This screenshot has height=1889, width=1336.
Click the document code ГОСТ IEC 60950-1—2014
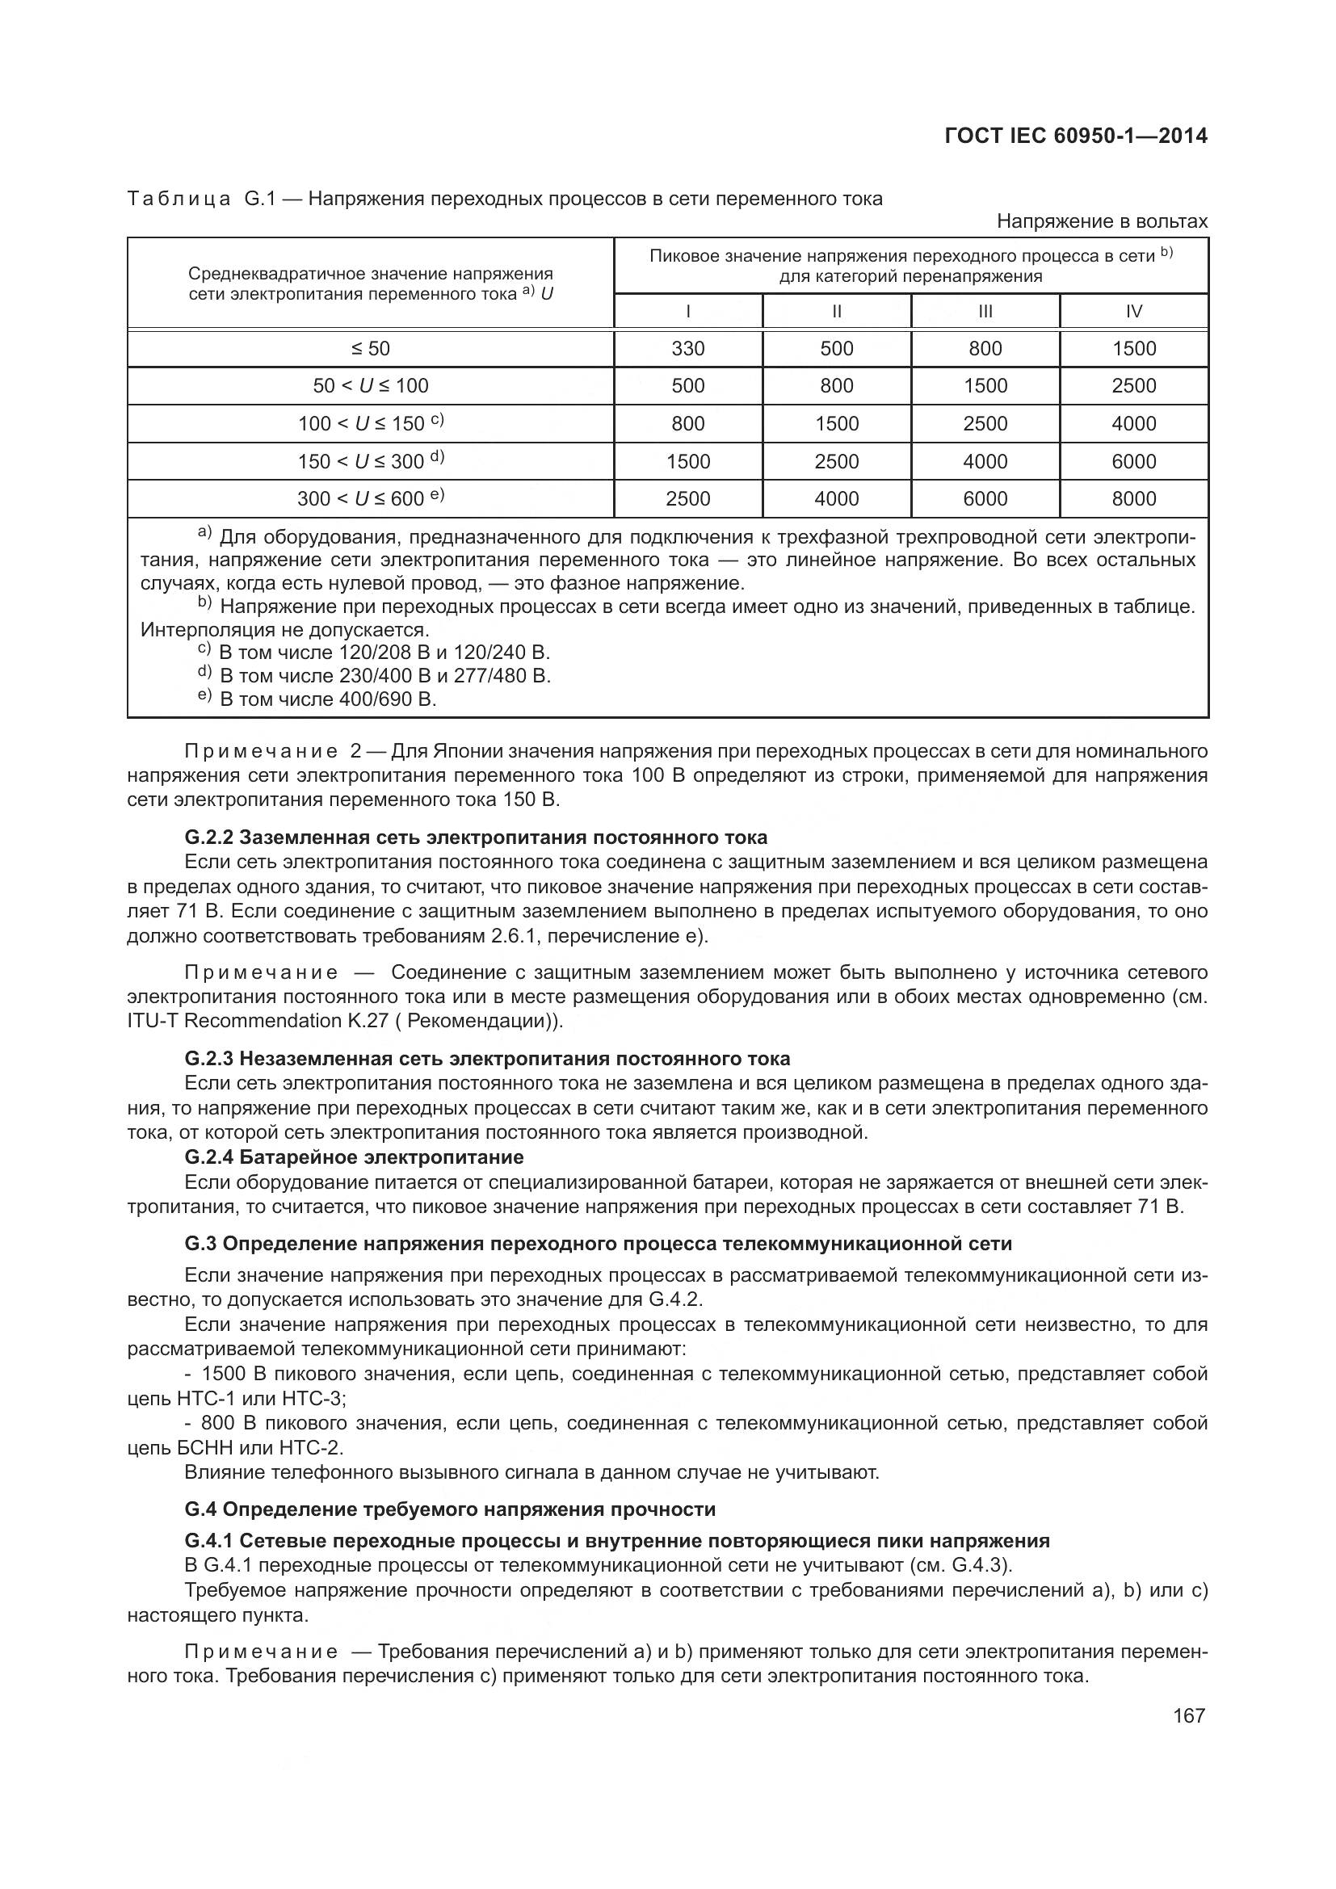click(x=1076, y=136)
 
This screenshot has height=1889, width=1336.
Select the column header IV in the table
click(x=1133, y=311)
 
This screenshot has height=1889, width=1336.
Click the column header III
click(x=985, y=311)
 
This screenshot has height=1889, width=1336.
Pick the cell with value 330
click(x=687, y=349)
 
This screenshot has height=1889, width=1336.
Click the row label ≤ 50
click(x=370, y=349)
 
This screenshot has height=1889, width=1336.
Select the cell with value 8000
click(x=1133, y=498)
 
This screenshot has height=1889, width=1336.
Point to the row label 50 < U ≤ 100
click(x=370, y=386)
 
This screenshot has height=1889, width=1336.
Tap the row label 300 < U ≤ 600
click(x=370, y=498)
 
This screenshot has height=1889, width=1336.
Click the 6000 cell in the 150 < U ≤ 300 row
click(x=1133, y=462)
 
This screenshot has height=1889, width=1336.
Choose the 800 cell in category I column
click(x=687, y=424)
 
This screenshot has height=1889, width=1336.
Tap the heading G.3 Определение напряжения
click(x=598, y=1243)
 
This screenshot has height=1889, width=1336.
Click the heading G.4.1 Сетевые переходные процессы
click(x=617, y=1541)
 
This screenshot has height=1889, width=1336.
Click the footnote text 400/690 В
click(x=385, y=699)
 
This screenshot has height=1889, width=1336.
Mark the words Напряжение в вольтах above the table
click(x=1102, y=221)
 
